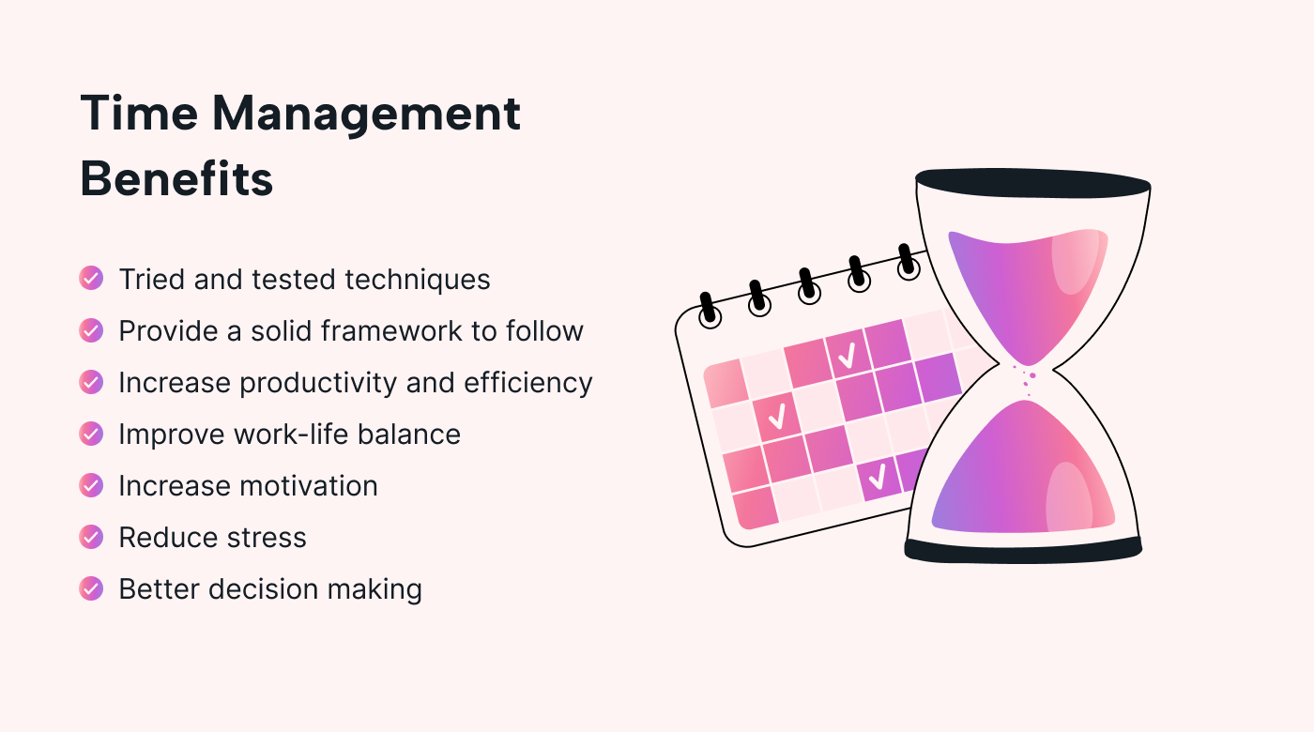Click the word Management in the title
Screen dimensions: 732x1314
tap(366, 114)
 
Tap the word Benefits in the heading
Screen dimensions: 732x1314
tap(176, 178)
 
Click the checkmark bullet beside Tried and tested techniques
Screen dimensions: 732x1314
tap(91, 279)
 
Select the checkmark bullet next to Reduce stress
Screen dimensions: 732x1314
tap(91, 537)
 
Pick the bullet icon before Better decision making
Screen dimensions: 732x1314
tap(91, 588)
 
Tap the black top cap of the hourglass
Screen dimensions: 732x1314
tap(1032, 184)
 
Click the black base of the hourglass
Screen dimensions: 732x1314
tap(1023, 550)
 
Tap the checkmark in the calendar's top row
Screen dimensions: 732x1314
tap(847, 355)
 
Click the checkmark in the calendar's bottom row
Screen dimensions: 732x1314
tap(877, 478)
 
